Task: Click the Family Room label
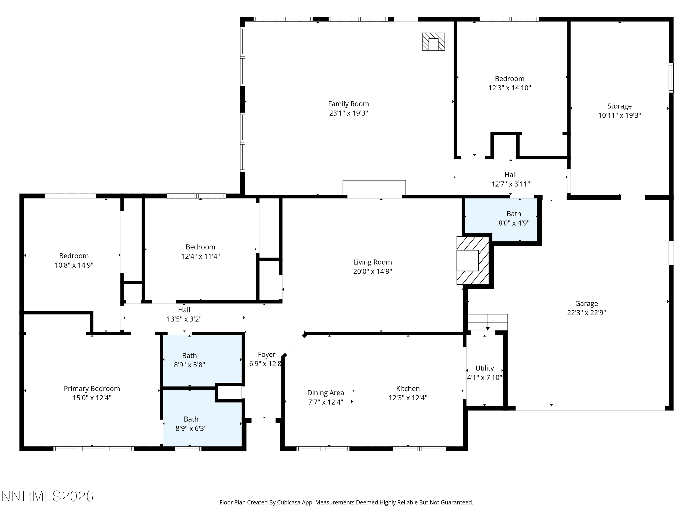pyautogui.click(x=348, y=104)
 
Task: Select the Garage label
pyautogui.click(x=587, y=303)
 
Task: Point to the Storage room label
pyautogui.click(x=619, y=106)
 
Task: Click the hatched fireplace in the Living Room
pyautogui.click(x=473, y=260)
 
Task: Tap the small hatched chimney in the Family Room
pyautogui.click(x=433, y=42)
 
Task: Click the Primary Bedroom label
pyautogui.click(x=92, y=389)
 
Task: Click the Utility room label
pyautogui.click(x=485, y=368)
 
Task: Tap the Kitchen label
pyautogui.click(x=408, y=389)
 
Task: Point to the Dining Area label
pyautogui.click(x=325, y=393)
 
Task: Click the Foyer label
pyautogui.click(x=267, y=355)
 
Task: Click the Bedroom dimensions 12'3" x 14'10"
pyautogui.click(x=510, y=88)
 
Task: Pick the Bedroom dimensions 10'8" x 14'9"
pyautogui.click(x=74, y=265)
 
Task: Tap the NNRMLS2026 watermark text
pyautogui.click(x=48, y=496)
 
